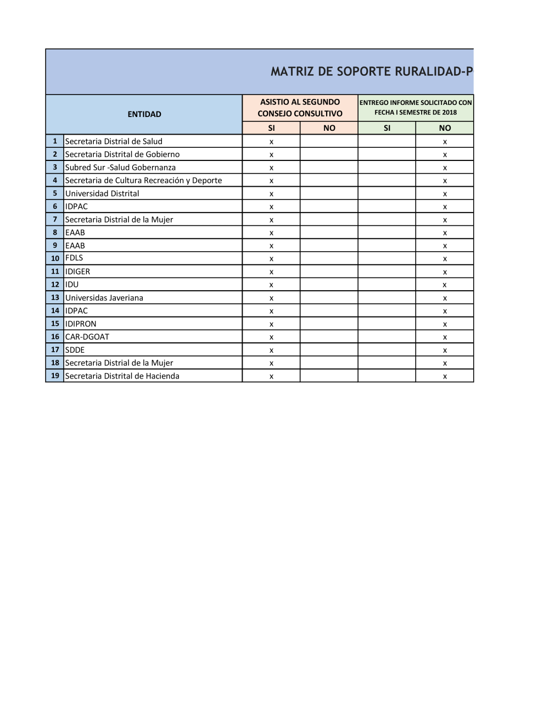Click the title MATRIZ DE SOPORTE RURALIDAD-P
(x=372, y=71)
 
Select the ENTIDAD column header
(x=144, y=114)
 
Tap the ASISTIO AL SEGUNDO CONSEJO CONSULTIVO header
(x=300, y=108)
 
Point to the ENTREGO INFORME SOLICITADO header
(x=416, y=107)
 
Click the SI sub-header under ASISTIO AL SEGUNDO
(x=271, y=128)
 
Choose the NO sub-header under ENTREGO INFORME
(x=445, y=128)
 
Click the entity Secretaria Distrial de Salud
(x=114, y=141)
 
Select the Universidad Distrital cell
(x=102, y=193)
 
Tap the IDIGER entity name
(x=77, y=271)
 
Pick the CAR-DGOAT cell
(x=87, y=337)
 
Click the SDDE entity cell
(x=75, y=350)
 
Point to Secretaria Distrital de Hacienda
(x=122, y=376)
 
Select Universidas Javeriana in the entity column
(x=104, y=298)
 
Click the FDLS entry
(x=74, y=258)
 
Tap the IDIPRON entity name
(x=81, y=324)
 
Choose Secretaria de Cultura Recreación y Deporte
(x=143, y=180)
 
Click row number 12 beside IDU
(x=55, y=285)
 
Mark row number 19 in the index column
(x=55, y=376)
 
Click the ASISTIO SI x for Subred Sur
(x=271, y=168)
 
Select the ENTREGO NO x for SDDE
(x=445, y=351)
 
